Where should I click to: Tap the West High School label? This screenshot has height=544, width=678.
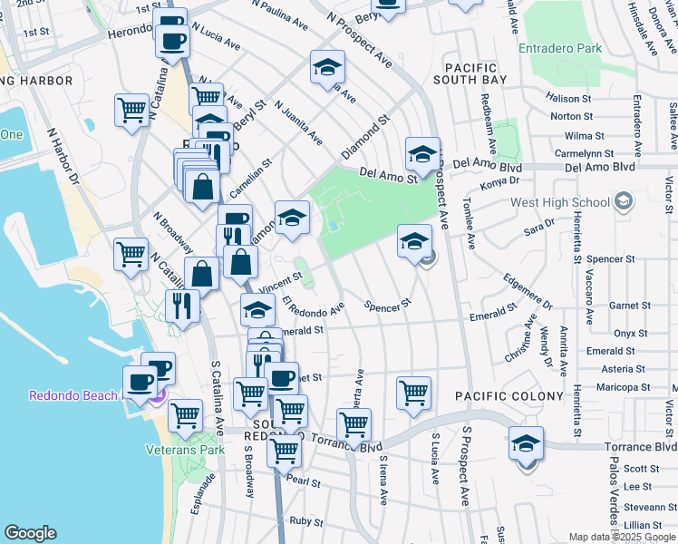pyautogui.click(x=561, y=202)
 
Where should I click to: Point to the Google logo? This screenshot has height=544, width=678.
pyautogui.click(x=30, y=533)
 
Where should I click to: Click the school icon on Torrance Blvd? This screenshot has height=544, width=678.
pyautogui.click(x=526, y=444)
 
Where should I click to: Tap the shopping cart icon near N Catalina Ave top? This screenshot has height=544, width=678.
pyautogui.click(x=132, y=111)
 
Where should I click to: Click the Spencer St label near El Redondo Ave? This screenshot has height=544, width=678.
pyautogui.click(x=388, y=307)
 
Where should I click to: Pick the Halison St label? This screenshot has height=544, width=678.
pyautogui.click(x=570, y=98)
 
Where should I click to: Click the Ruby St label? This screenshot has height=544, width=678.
pyautogui.click(x=306, y=521)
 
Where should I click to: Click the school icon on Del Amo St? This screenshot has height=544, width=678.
pyautogui.click(x=422, y=155)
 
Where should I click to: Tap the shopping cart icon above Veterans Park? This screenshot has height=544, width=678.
pyautogui.click(x=186, y=415)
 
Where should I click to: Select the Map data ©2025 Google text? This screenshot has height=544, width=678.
pyautogui.click(x=622, y=537)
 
